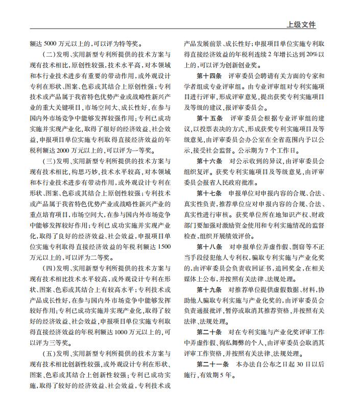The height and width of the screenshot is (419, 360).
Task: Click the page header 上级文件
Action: click(x=302, y=24)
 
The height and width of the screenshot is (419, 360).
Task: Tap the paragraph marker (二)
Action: click(x=50, y=55)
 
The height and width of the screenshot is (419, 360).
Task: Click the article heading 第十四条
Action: click(x=209, y=76)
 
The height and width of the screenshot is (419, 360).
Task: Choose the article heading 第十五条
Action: click(x=209, y=118)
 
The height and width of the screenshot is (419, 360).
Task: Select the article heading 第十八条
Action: click(x=209, y=247)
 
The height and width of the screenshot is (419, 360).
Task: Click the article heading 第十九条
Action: click(x=209, y=289)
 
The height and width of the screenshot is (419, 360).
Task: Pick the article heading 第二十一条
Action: click(x=212, y=364)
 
